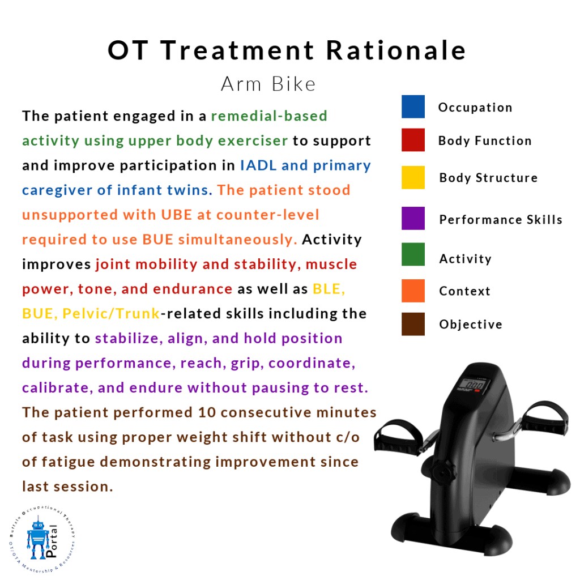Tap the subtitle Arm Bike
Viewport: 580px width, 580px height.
(268, 84)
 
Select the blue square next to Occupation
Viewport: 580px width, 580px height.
(413, 106)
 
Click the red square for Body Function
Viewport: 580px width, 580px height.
(413, 140)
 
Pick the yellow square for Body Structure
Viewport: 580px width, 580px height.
(413, 177)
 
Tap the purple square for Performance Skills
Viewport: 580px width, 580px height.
(413, 219)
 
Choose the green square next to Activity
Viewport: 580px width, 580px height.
(413, 254)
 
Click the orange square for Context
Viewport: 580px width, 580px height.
(413, 291)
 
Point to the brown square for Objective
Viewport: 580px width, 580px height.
(413, 324)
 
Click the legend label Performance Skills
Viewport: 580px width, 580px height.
(501, 220)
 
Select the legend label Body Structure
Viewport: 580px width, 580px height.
(488, 178)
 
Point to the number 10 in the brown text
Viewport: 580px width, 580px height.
(204, 412)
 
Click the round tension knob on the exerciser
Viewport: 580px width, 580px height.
(442, 471)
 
